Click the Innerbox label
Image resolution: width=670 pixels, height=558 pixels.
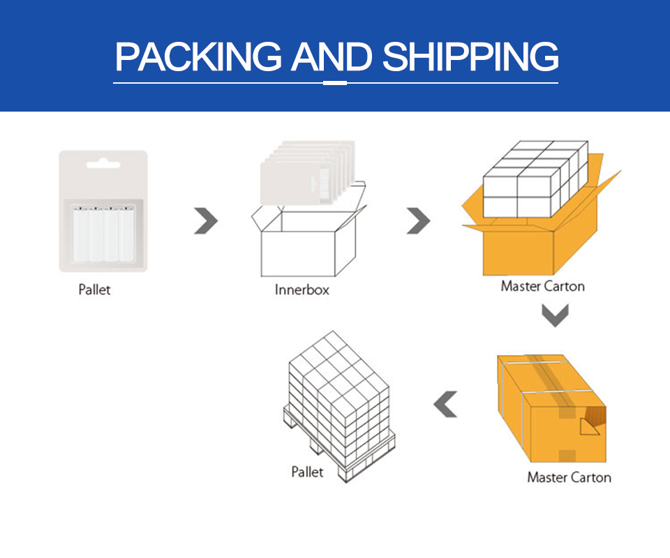(x=301, y=289)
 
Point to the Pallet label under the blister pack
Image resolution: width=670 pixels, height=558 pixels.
(x=94, y=289)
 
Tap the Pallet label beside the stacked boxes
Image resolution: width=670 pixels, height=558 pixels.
(x=307, y=472)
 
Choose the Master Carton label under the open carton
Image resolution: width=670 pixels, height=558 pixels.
(x=542, y=286)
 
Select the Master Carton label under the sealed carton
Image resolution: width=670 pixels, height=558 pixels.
(x=569, y=478)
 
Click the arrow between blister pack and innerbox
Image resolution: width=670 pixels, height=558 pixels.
(x=206, y=222)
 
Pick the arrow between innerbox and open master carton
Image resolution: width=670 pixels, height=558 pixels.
(x=418, y=222)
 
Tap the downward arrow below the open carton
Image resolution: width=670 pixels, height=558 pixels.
(x=556, y=316)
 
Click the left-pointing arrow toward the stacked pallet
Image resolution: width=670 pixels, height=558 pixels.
(x=445, y=405)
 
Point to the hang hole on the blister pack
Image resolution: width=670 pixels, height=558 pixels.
(x=103, y=166)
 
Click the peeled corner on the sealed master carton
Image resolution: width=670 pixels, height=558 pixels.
(x=590, y=422)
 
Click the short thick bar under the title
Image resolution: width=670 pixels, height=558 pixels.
(x=336, y=83)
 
